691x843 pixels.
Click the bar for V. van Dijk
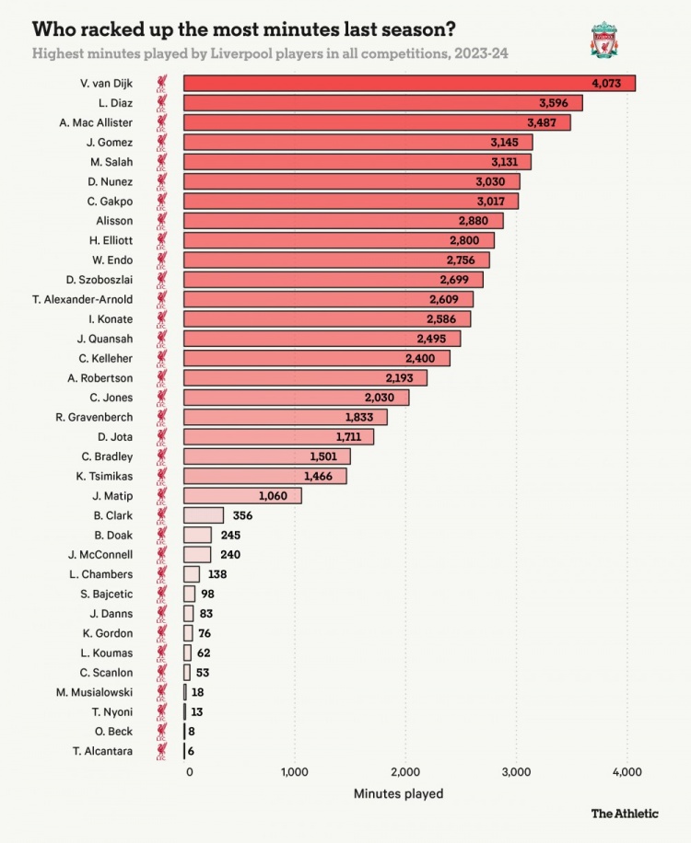[409, 84]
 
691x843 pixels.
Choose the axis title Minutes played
[398, 793]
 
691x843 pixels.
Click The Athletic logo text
[625, 813]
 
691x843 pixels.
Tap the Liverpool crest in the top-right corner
[604, 40]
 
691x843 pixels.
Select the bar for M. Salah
[357, 162]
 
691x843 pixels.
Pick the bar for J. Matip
[242, 496]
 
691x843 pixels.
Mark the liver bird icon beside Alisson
[161, 221]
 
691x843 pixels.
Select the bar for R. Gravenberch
[285, 417]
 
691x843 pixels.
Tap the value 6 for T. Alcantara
[192, 751]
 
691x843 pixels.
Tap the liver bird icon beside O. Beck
[161, 732]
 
